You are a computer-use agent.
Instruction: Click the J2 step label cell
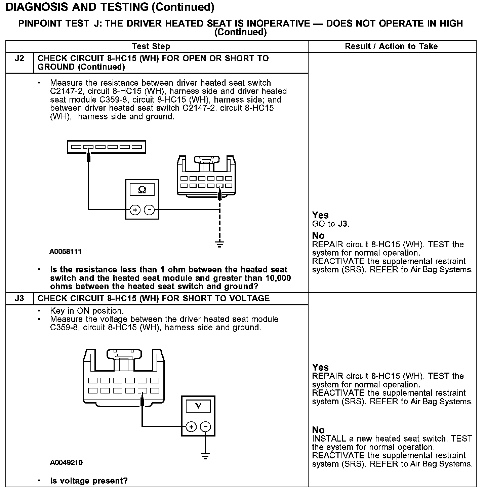tap(19, 59)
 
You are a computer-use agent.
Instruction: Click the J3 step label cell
tap(19, 299)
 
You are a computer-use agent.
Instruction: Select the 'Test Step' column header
tap(151, 46)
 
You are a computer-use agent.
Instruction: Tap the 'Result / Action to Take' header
tap(391, 46)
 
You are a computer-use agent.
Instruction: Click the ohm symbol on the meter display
tap(142, 190)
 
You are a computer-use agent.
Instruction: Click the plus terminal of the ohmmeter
tap(135, 210)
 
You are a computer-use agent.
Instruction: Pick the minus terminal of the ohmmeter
tap(149, 210)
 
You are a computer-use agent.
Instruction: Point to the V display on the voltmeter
tap(198, 405)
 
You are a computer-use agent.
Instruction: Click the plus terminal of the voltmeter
tap(191, 427)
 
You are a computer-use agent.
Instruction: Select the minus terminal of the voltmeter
tap(205, 427)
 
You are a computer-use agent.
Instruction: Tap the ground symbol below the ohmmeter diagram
tap(219, 243)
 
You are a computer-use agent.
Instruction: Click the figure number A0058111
tap(66, 252)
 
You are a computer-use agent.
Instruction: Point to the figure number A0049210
tap(66, 463)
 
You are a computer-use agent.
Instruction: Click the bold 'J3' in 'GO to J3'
tap(343, 224)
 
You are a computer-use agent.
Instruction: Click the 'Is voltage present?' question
tap(89, 481)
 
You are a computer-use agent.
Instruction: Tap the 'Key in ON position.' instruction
tap(87, 311)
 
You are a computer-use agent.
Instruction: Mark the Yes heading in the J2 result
tap(320, 215)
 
